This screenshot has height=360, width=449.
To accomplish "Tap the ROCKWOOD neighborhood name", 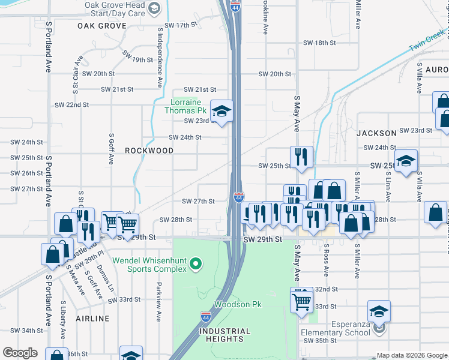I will tap(149, 151).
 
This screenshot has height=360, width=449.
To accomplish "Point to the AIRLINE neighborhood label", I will tap(92, 318).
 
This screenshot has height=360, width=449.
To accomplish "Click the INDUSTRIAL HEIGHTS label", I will tap(225, 335).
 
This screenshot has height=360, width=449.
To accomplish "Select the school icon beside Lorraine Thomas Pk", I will tap(221, 111).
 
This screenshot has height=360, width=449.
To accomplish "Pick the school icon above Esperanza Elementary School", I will tap(379, 311).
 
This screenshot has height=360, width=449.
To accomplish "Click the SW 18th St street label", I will tap(319, 43).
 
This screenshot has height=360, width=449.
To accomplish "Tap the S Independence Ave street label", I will tap(160, 57).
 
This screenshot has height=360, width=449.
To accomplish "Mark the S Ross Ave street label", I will tap(326, 260).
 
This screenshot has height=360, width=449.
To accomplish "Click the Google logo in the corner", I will tap(20, 353).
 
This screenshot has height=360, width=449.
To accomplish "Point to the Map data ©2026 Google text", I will tap(411, 355).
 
